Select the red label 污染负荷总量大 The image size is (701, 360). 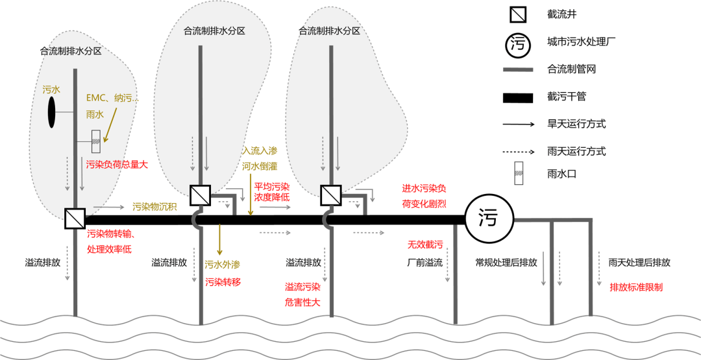[117, 165]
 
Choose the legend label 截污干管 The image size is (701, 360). [567, 97]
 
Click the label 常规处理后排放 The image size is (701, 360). [506, 263]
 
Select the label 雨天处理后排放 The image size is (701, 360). [639, 263]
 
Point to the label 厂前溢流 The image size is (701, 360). [424, 263]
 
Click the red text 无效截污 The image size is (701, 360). [424, 245]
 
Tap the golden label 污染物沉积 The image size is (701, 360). [154, 207]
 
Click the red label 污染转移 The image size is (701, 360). [223, 282]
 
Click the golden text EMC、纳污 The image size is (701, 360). [112, 97]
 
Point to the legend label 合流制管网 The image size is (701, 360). [572, 69]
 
